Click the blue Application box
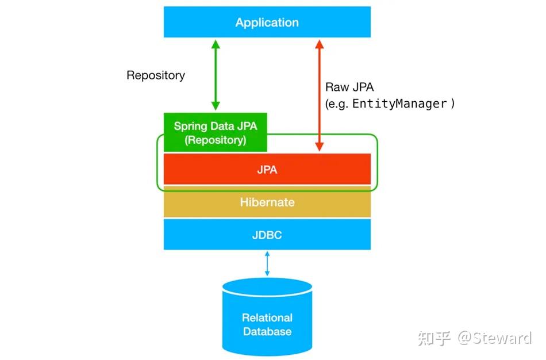(267, 22)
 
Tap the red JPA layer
(267, 169)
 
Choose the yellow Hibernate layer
(267, 202)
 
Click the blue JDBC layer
(267, 235)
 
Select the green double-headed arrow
(216, 75)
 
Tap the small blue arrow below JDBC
(267, 264)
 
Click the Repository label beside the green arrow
(156, 75)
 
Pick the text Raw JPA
(349, 87)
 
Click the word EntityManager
(399, 104)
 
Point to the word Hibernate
(267, 202)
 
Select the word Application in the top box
(267, 22)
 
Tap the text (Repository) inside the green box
(215, 140)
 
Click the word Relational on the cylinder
(267, 317)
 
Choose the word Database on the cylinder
(267, 332)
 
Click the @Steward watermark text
(494, 338)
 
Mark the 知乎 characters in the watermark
(435, 338)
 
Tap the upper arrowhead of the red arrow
(320, 44)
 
